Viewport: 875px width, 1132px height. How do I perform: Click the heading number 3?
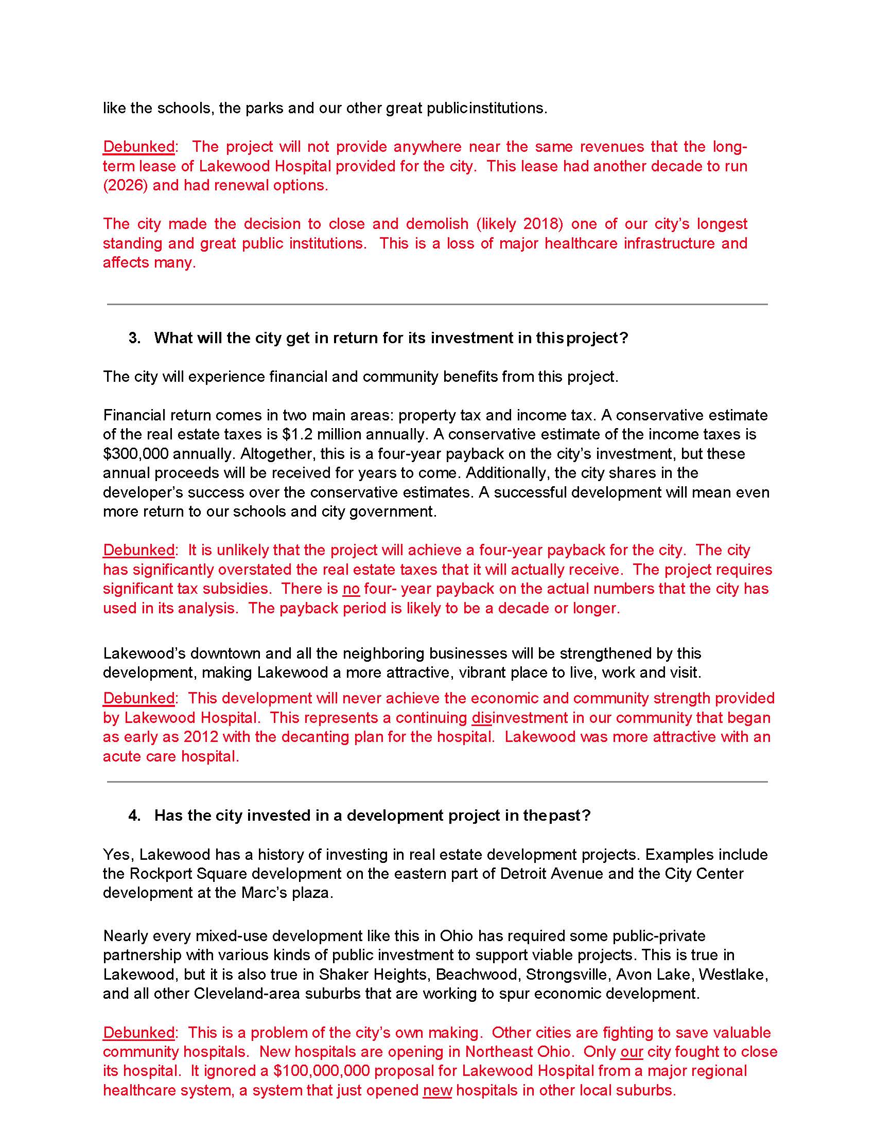tap(134, 339)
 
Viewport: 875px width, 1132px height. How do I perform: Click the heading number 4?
tap(134, 816)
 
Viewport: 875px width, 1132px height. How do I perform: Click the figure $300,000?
tap(135, 454)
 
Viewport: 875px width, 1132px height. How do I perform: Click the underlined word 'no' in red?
tap(351, 589)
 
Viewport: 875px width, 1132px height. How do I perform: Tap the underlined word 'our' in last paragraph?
tap(631, 1052)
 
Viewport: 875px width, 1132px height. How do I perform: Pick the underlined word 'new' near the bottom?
tap(437, 1090)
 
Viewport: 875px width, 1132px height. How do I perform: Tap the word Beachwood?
tap(477, 975)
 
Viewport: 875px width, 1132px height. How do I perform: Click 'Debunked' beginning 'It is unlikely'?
tap(138, 550)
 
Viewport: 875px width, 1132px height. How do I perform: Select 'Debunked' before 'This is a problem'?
tap(138, 1033)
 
